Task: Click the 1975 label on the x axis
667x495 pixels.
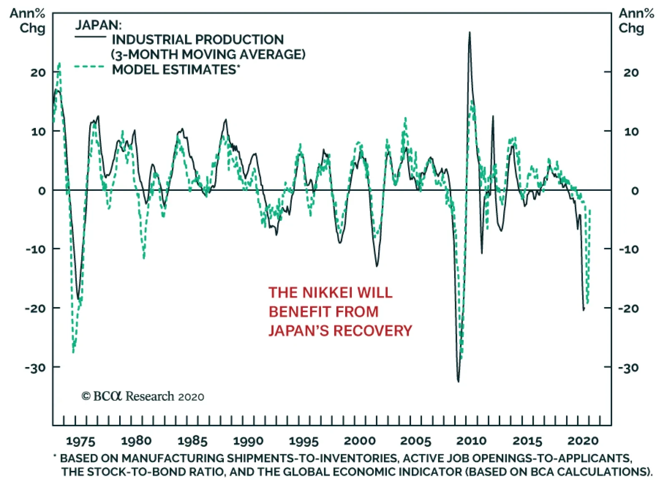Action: point(80,441)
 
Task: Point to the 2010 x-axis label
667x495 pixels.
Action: point(471,441)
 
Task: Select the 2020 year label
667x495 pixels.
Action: point(583,441)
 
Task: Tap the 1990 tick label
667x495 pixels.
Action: point(248,441)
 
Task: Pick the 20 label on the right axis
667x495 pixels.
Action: point(631,72)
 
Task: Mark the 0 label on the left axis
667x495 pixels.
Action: point(42,191)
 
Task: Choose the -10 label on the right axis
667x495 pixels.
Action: point(629,250)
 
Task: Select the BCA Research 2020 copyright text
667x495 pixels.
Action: point(143,396)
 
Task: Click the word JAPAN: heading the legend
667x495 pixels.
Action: point(98,25)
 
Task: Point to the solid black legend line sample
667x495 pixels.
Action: point(90,37)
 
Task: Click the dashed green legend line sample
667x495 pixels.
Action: point(89,66)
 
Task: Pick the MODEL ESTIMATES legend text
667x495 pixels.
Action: point(176,70)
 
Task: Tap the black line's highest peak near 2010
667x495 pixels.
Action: point(469,32)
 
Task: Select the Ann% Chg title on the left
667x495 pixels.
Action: point(28,21)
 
